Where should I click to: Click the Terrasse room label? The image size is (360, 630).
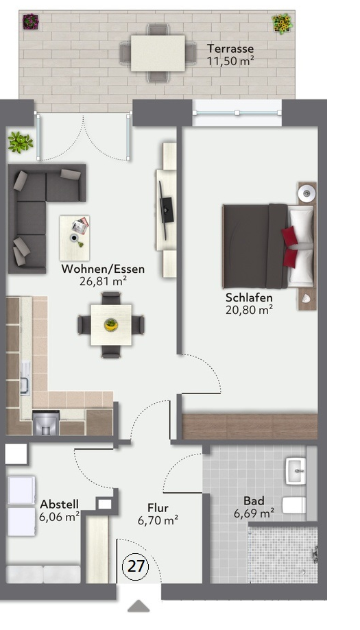[230, 49]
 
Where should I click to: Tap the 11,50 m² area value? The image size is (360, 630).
[230, 61]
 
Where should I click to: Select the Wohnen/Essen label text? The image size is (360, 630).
[94, 269]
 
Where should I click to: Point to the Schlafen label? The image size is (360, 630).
[249, 298]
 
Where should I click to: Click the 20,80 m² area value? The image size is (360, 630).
[249, 309]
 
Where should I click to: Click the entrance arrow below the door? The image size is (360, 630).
[139, 606]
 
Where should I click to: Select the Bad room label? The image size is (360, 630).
[254, 500]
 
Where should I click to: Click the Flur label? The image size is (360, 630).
[158, 508]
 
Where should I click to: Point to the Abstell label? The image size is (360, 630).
[58, 504]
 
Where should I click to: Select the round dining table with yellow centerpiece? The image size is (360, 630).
[110, 324]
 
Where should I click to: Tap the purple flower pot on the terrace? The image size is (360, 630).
[31, 23]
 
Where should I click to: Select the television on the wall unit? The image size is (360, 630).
[167, 209]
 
